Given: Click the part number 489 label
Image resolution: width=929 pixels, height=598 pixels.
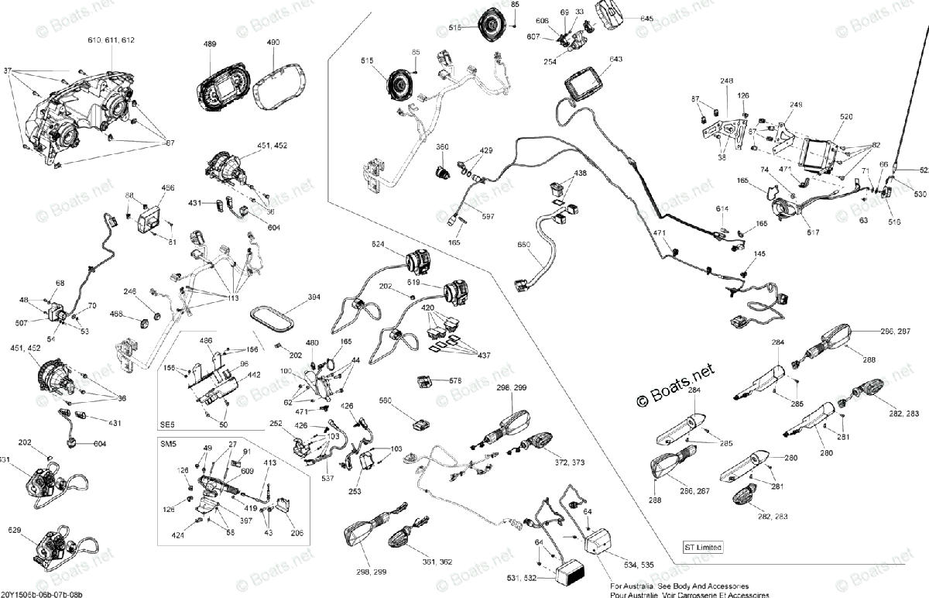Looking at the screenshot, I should point(210,45).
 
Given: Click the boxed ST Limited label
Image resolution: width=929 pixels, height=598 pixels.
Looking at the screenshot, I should point(703,548).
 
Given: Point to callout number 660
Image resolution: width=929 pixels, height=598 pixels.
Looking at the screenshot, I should point(524,245).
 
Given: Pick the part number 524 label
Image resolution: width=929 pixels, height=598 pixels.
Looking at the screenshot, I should point(378,245).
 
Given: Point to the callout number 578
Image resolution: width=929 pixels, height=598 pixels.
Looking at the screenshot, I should point(455,380).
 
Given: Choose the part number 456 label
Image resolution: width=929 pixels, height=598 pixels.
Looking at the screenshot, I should point(168,188).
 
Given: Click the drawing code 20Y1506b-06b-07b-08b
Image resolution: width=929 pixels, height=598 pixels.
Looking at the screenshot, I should point(42,593).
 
